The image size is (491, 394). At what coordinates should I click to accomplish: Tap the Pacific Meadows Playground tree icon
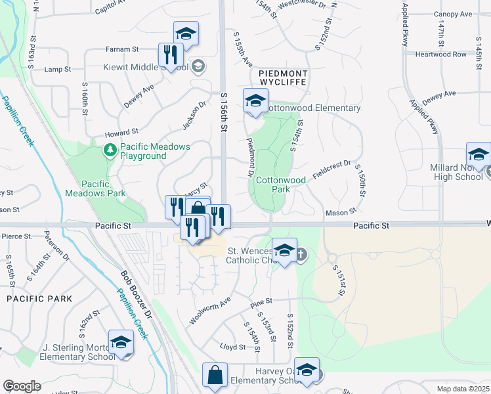click(110, 151)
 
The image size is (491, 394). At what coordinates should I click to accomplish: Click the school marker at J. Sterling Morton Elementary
click(121, 342)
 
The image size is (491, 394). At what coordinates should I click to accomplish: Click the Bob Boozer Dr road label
click(136, 295)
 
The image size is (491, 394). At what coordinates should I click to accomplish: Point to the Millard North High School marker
click(479, 156)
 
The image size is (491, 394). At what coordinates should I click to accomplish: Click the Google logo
click(22, 386)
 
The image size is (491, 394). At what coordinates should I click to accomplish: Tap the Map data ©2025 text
click(463, 388)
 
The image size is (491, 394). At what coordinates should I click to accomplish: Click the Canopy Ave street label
click(452, 14)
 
